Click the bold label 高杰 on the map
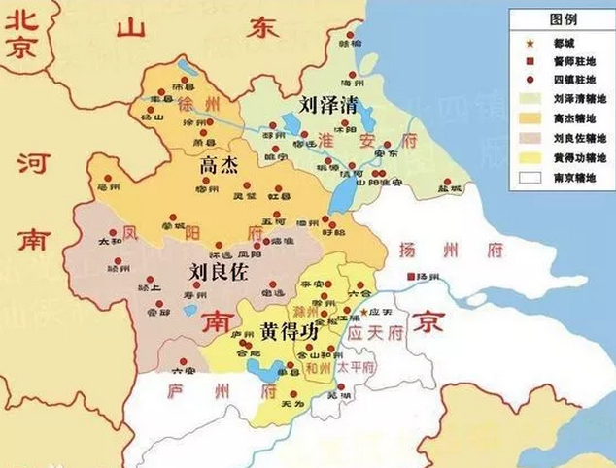tap(218, 166)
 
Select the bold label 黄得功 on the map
tap(289, 330)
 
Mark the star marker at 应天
tap(364, 312)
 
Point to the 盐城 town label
tap(449, 189)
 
